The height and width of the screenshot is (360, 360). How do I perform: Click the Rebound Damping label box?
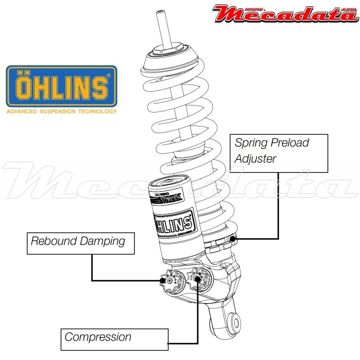[81, 243]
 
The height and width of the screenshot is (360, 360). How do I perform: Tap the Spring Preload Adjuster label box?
[279, 153]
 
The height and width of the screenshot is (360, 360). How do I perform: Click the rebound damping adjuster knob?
[162, 280]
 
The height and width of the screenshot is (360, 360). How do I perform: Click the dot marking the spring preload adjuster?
[234, 238]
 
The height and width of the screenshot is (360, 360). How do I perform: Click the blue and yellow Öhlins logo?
[62, 86]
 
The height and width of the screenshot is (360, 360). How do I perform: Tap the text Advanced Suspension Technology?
[62, 112]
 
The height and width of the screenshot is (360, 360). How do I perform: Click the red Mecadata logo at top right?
[284, 14]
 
